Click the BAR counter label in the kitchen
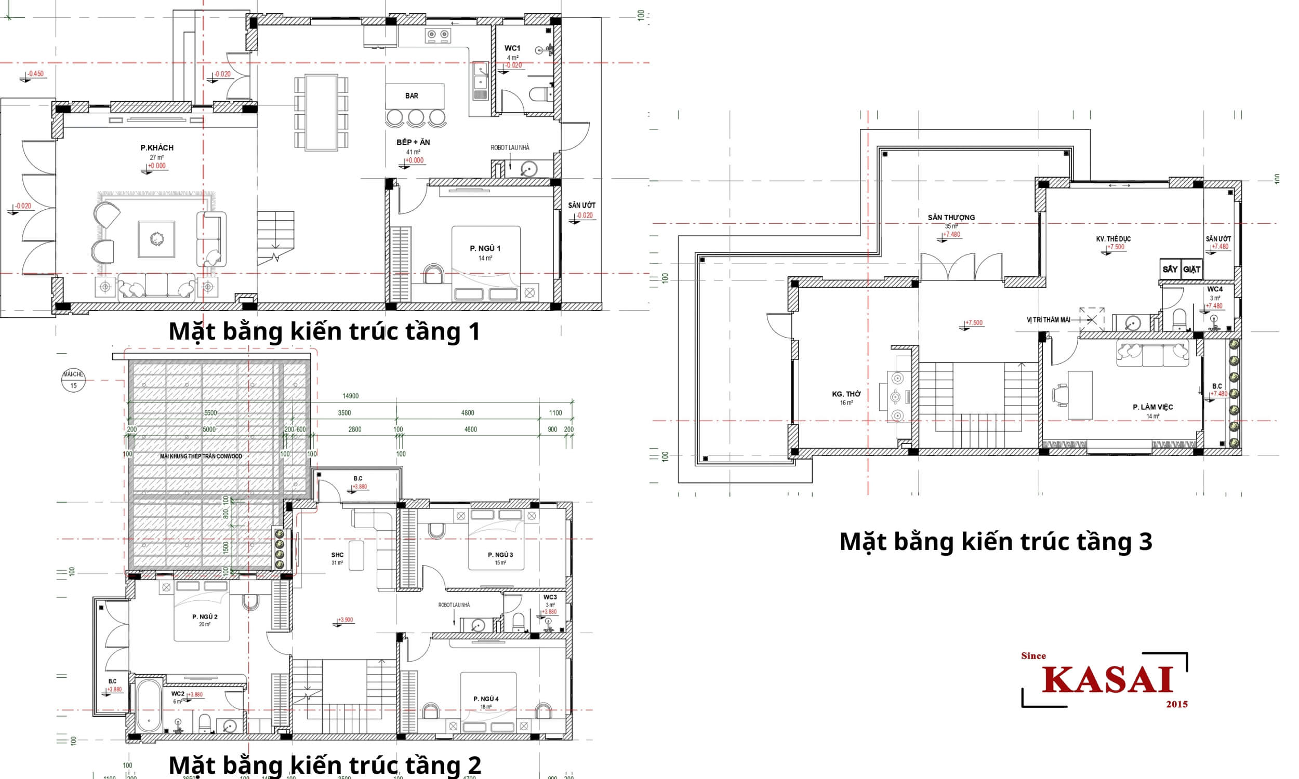412,96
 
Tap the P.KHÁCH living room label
156,147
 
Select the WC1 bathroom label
512,48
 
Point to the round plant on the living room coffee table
156,239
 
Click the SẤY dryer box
1170,270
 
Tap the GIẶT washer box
1192,270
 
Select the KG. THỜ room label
846,394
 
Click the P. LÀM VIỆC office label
1152,407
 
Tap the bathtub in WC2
150,706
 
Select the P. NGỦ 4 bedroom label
486,699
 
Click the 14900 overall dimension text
350,396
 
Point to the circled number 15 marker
73,385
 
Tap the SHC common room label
337,555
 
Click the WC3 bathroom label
550,597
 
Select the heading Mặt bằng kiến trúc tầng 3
996,542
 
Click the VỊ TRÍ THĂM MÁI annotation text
1049,320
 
